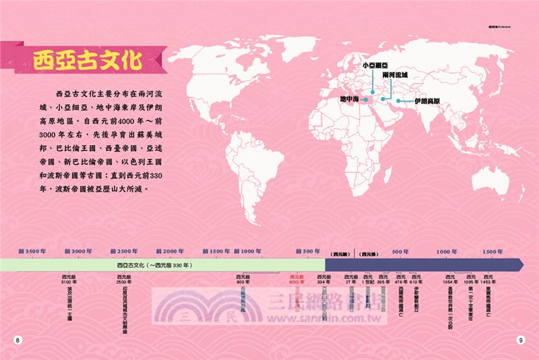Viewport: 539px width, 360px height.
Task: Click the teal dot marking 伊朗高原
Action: (x=398, y=101)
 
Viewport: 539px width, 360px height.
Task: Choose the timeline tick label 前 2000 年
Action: (x=169, y=251)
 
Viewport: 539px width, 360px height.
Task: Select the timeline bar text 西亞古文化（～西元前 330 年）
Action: (x=154, y=265)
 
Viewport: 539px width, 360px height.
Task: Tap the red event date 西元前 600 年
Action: (x=297, y=279)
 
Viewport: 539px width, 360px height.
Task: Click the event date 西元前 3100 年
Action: (x=69, y=279)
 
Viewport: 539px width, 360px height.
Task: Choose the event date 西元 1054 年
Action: (x=451, y=279)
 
